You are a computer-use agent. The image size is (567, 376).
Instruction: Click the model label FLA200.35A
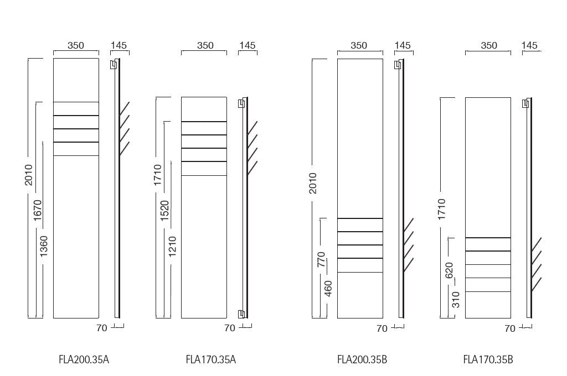84,360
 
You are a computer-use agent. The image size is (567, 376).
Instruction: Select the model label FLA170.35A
211,360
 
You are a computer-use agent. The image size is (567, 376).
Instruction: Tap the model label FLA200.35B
362,360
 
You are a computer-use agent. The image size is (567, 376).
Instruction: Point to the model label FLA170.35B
488,360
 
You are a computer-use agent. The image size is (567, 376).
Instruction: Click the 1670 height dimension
38,210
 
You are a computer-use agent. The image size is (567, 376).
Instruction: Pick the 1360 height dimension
43,246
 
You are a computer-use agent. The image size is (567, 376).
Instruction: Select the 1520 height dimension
164,211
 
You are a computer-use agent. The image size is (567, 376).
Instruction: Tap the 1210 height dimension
172,246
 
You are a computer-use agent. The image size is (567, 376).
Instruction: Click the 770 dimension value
321,260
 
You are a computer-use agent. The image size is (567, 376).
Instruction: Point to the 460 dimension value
328,289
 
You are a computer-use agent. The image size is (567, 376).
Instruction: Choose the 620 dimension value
449,270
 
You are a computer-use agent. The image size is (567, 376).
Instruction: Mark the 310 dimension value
456,300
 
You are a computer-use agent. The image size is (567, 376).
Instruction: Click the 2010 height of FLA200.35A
29,175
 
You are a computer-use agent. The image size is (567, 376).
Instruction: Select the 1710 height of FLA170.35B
441,210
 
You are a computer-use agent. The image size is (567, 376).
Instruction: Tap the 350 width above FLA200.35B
359,45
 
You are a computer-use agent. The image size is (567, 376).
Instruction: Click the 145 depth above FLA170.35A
248,45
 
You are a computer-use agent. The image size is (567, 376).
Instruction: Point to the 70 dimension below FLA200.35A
102,328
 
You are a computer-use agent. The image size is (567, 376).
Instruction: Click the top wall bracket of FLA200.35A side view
114,64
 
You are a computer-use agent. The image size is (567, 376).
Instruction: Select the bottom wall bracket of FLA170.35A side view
241,314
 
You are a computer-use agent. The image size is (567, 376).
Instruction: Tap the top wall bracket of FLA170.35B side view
525,104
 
